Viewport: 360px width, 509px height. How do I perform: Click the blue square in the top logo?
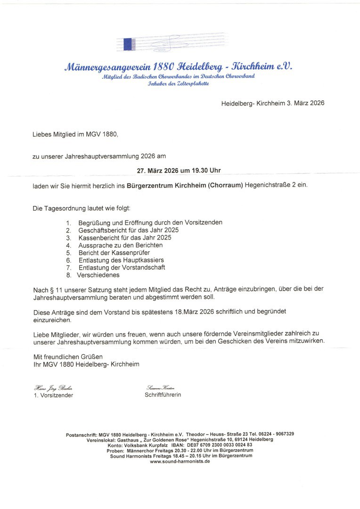click(127, 44)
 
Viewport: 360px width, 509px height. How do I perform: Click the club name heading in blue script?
click(180, 67)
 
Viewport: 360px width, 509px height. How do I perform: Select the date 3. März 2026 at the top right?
click(306, 103)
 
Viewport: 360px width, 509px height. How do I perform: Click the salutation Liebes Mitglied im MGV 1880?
click(75, 134)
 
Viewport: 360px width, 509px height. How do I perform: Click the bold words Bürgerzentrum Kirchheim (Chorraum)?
click(185, 185)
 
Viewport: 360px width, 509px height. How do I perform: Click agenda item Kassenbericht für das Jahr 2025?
click(124, 238)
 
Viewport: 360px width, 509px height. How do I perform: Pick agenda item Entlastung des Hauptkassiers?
click(121, 260)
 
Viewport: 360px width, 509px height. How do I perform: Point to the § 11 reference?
click(56, 288)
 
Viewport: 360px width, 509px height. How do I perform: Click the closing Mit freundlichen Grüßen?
click(68, 356)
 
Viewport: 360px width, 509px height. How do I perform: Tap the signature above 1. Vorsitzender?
click(53, 387)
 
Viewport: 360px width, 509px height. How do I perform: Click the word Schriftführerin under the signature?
click(163, 395)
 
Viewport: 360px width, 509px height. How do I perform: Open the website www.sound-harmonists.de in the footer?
click(180, 461)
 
